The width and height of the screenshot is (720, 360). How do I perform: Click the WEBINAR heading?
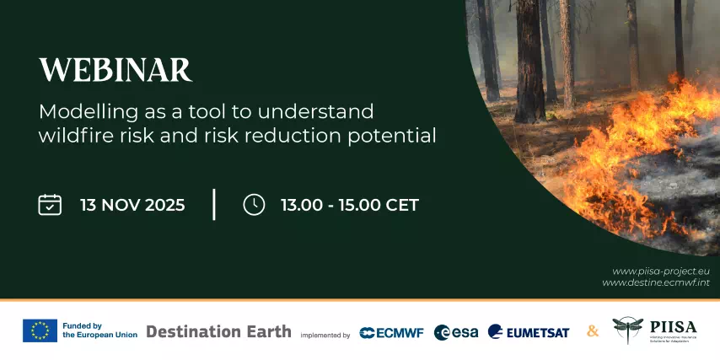(x=116, y=70)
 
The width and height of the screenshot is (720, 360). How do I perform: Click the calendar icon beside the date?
(x=50, y=205)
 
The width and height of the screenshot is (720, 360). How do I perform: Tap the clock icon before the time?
(x=254, y=205)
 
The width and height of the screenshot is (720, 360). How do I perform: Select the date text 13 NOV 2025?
(x=132, y=205)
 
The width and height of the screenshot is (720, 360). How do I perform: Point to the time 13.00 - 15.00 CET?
(x=349, y=205)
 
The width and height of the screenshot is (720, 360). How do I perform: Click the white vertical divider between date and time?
(x=214, y=205)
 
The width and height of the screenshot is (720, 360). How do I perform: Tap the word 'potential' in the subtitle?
(x=398, y=136)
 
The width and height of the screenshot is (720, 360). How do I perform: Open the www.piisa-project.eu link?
(x=660, y=271)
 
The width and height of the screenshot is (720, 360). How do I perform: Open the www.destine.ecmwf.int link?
(x=655, y=282)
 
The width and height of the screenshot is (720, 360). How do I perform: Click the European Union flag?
(x=40, y=330)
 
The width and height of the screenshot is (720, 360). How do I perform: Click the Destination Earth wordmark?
(x=218, y=331)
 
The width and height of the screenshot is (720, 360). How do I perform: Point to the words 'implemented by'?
(x=325, y=335)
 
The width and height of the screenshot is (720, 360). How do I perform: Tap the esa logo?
(x=455, y=332)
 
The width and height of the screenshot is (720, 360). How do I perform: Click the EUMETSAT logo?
(x=528, y=332)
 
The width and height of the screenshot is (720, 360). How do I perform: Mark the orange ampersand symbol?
(x=593, y=331)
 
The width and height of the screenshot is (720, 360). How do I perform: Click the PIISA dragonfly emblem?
(x=627, y=330)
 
